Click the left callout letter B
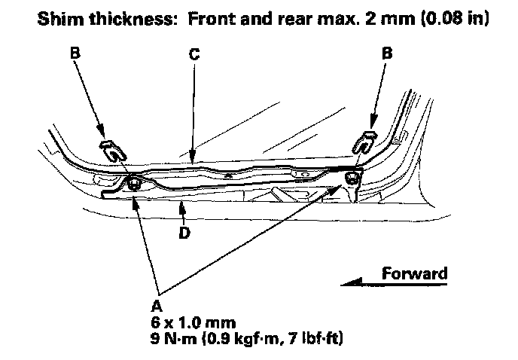point(75,55)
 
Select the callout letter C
point(193,55)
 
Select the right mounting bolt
point(352,178)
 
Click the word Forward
point(415,273)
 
